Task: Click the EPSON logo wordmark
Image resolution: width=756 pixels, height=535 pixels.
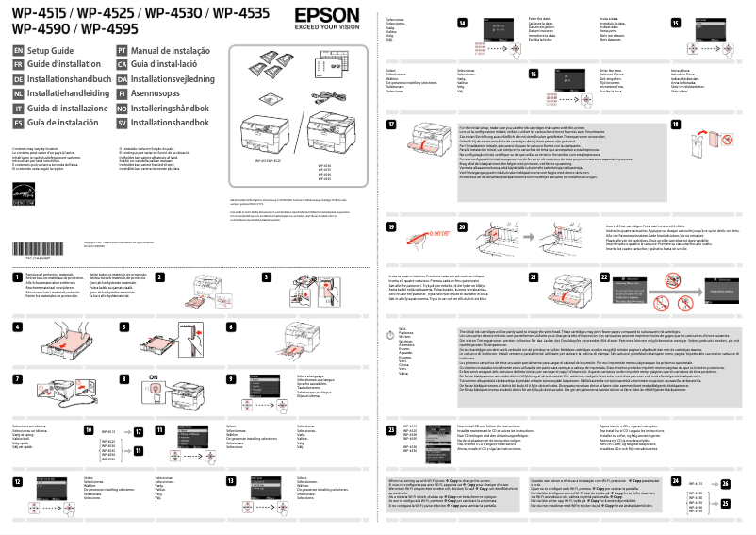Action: (326, 16)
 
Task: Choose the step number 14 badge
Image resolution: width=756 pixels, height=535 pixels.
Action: (462, 22)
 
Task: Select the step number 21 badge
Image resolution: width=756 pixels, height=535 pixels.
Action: (534, 276)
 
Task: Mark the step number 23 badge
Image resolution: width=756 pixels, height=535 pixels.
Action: (391, 429)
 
